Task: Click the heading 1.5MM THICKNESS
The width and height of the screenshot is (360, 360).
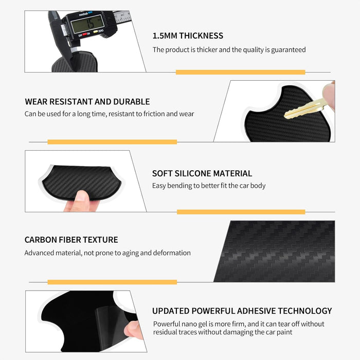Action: pyautogui.click(x=188, y=35)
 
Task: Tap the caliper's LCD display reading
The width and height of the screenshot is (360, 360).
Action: pyautogui.click(x=87, y=24)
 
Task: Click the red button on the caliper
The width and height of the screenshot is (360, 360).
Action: pyautogui.click(x=84, y=34)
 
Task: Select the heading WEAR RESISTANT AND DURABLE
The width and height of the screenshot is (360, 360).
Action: pyautogui.click(x=87, y=101)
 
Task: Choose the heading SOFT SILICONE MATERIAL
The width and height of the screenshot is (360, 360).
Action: pyautogui.click(x=202, y=173)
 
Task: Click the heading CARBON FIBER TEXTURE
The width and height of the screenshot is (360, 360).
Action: pyautogui.click(x=71, y=240)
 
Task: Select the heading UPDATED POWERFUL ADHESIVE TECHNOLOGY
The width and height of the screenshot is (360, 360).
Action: pyautogui.click(x=242, y=311)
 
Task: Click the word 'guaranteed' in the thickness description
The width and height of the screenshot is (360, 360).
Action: pyautogui.click(x=289, y=50)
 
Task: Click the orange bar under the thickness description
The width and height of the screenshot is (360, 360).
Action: pyautogui.click(x=240, y=72)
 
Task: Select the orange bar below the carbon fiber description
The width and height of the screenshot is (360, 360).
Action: pyautogui.click(x=112, y=282)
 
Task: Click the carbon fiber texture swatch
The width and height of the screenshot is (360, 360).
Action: pyautogui.click(x=274, y=251)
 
